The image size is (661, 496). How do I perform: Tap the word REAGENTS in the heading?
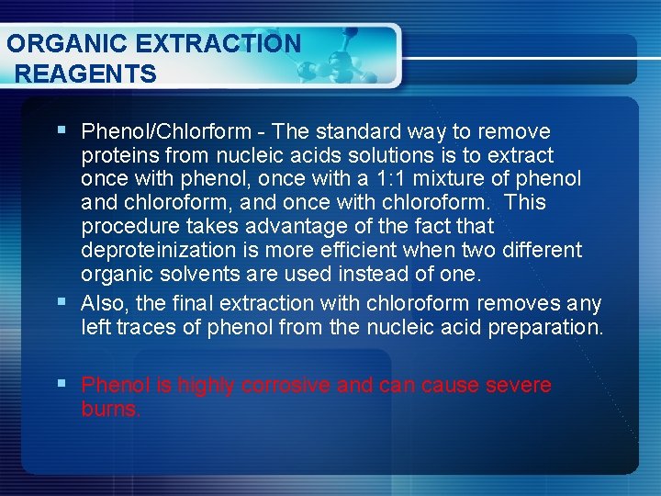coord(86,73)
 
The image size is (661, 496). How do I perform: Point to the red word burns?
coord(110,409)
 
